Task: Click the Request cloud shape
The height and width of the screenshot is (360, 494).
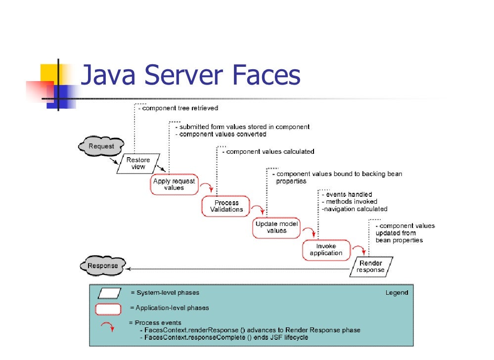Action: pos(101,146)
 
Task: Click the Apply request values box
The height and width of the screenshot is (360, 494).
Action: pos(174,184)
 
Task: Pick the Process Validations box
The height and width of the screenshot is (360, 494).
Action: pos(226,206)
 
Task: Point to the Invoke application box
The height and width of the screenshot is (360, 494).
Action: pos(326,250)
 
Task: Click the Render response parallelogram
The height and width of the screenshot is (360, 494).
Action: pos(370,267)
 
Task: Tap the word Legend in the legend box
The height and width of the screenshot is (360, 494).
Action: pos(397,293)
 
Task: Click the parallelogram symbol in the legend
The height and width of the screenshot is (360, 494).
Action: pos(110,293)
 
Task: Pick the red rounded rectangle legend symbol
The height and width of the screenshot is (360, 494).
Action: pos(108,309)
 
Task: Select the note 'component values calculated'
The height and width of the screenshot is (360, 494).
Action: pos(270,151)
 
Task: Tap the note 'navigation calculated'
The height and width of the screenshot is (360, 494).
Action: pos(355,209)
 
